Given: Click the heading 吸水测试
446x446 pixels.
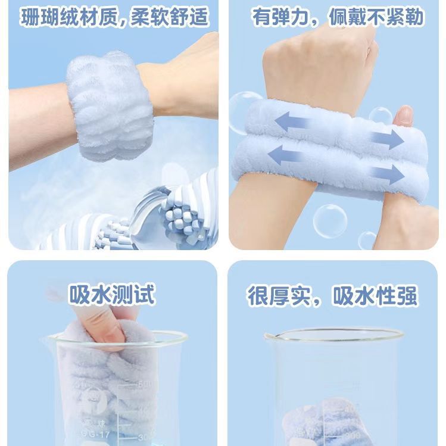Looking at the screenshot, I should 112,294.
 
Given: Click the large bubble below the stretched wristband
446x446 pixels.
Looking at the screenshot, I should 330,220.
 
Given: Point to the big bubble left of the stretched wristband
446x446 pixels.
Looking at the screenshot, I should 244,110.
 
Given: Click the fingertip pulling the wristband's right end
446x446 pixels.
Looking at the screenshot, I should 406,116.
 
